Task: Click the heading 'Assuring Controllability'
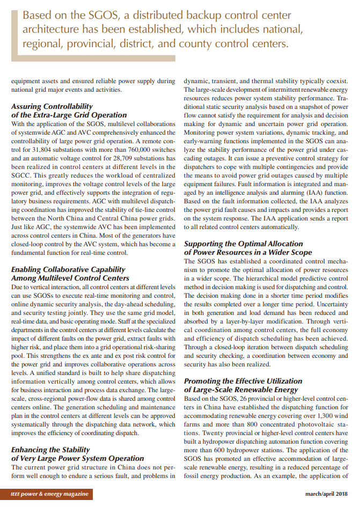coord(52,106)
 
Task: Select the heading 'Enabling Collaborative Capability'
coord(68,269)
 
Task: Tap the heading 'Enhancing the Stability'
coord(50,450)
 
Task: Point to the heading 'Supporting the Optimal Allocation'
coord(243,244)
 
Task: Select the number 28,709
coord(113,159)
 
